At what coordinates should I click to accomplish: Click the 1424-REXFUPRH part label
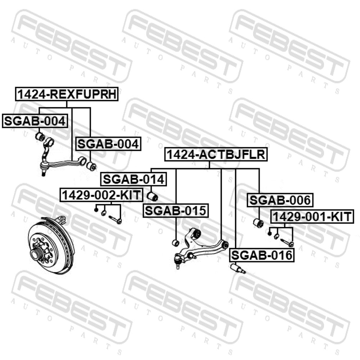[67, 94]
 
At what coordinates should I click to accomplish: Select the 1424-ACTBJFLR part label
[216, 154]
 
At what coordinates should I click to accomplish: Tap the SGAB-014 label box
[134, 179]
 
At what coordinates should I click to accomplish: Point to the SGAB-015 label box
[176, 211]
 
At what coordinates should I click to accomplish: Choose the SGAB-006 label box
[280, 200]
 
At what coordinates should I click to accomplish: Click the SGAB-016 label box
[262, 255]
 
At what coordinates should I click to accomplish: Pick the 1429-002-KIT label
[101, 195]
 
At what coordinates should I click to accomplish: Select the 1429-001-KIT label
[312, 216]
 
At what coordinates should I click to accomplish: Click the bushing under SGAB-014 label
[152, 196]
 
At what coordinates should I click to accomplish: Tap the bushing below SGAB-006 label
[258, 223]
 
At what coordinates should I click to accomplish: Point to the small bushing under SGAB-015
[176, 243]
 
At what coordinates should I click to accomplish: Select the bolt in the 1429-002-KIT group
[115, 220]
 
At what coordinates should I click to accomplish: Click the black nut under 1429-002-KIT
[96, 210]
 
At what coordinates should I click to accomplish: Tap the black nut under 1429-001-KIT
[270, 234]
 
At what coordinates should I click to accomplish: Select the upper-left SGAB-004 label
[35, 121]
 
